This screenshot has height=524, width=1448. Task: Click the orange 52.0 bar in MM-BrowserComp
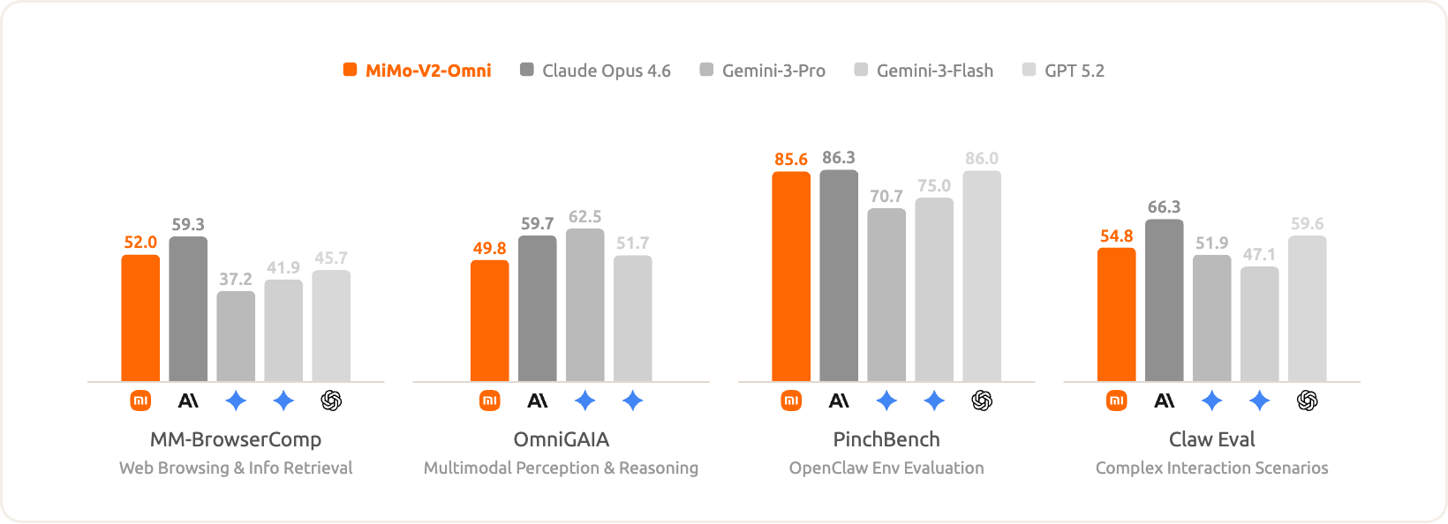pyautogui.click(x=140, y=318)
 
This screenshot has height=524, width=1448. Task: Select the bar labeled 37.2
pyautogui.click(x=236, y=336)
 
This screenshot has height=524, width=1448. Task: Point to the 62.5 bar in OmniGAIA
pyautogui.click(x=584, y=304)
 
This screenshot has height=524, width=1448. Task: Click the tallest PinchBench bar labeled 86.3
pyautogui.click(x=839, y=275)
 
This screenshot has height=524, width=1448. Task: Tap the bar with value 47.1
pyautogui.click(x=1259, y=324)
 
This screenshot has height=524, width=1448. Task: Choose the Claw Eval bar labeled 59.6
pyautogui.click(x=1307, y=308)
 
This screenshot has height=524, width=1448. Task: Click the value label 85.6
pyautogui.click(x=791, y=160)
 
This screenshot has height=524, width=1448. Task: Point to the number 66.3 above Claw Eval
pyautogui.click(x=1164, y=207)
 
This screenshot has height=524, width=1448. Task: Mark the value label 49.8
pyautogui.click(x=489, y=249)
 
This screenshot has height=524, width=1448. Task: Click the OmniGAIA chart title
pyautogui.click(x=562, y=439)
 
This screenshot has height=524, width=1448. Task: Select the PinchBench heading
pyautogui.click(x=886, y=439)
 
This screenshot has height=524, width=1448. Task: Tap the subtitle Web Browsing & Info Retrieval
pyautogui.click(x=236, y=468)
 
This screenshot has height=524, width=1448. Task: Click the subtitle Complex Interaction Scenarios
pyautogui.click(x=1211, y=468)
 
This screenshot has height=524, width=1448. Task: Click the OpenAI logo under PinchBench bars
pyautogui.click(x=982, y=401)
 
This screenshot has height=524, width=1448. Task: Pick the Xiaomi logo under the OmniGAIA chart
pyautogui.click(x=489, y=401)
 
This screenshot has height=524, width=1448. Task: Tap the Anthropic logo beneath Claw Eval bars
pyautogui.click(x=1165, y=401)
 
